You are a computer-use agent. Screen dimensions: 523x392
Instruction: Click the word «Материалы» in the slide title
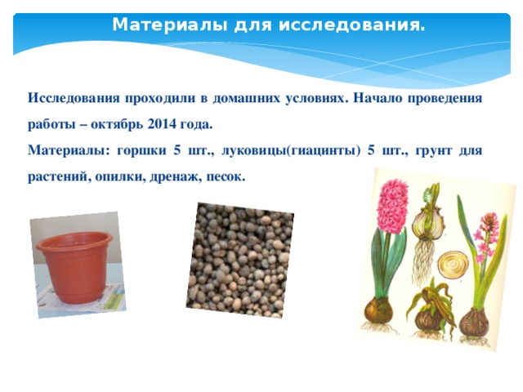click(170, 24)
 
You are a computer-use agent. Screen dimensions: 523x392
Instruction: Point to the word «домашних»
click(247, 98)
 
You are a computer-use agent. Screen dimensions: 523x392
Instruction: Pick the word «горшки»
click(141, 150)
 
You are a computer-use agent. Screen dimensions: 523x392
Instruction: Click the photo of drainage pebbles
click(239, 261)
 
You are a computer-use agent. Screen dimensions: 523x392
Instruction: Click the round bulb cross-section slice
click(453, 265)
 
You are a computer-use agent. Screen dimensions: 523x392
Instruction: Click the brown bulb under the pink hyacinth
click(378, 310)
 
